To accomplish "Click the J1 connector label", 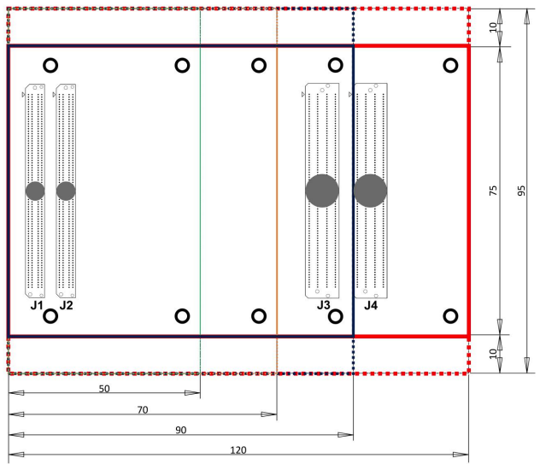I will (x=36, y=304).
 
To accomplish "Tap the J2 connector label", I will (x=66, y=304).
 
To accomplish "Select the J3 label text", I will (x=323, y=304).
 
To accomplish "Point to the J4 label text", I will (x=371, y=304).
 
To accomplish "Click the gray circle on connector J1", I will (x=35, y=191).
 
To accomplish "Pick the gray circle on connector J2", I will (x=66, y=191).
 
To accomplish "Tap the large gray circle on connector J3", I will (x=322, y=191).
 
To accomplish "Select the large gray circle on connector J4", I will (x=371, y=191).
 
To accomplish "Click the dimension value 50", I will (x=104, y=388).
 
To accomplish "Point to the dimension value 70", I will (x=143, y=409).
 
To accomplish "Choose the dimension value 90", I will (x=180, y=430).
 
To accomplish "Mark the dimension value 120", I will (x=238, y=450).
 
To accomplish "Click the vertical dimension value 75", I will (x=492, y=191).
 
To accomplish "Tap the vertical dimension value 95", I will (x=521, y=191).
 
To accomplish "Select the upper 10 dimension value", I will (x=492, y=26).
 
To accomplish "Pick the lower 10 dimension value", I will (x=492, y=355).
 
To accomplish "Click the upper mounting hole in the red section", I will (x=449, y=65).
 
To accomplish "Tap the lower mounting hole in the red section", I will (x=449, y=316).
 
